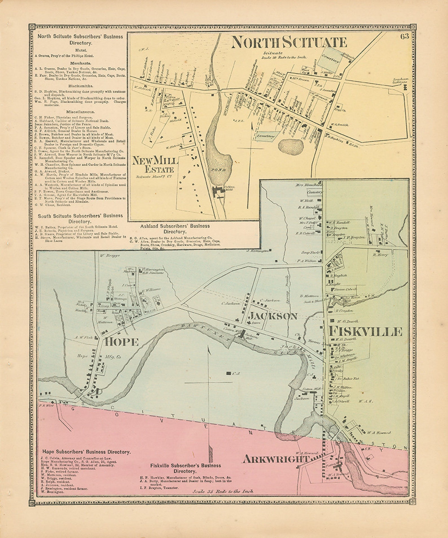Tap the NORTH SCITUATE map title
[289, 43]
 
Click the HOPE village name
[122, 342]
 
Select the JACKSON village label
[272, 316]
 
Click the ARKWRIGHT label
[276, 459]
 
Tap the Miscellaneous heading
[80, 112]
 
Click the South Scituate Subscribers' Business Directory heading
[80, 219]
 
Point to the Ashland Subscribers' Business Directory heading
[175, 229]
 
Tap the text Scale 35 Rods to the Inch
[223, 491]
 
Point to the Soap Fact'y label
[309, 252]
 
